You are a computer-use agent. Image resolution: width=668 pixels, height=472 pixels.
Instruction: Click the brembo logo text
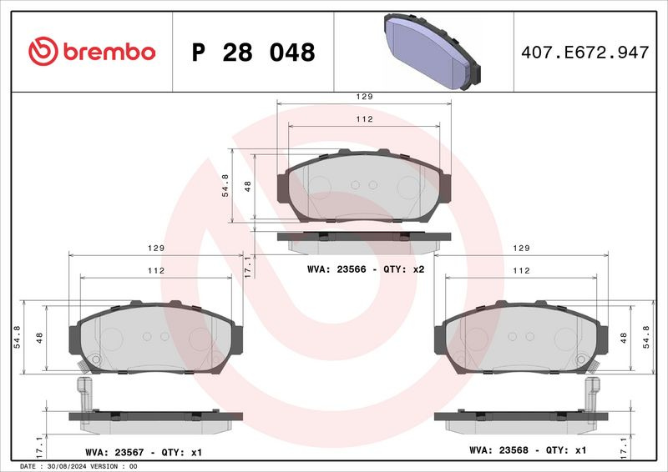point(109,52)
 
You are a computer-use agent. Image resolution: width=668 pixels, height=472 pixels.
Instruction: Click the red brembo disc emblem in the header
point(43,51)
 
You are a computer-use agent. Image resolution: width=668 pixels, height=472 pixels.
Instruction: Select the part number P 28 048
point(254,53)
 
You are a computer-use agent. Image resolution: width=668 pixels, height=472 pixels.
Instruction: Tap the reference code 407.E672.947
point(585,53)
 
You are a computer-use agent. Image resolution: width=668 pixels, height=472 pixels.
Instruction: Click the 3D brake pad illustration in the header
point(432,52)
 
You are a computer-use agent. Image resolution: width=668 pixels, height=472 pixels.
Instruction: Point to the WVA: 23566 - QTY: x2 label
point(366,269)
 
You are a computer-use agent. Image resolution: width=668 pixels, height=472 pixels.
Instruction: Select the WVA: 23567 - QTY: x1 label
point(144,453)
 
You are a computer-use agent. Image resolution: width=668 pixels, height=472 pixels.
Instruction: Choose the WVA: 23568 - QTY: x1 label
point(528,449)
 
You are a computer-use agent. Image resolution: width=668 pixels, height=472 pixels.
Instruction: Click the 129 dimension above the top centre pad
point(364,97)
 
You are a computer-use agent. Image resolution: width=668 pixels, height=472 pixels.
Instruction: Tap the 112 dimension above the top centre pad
point(364,119)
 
